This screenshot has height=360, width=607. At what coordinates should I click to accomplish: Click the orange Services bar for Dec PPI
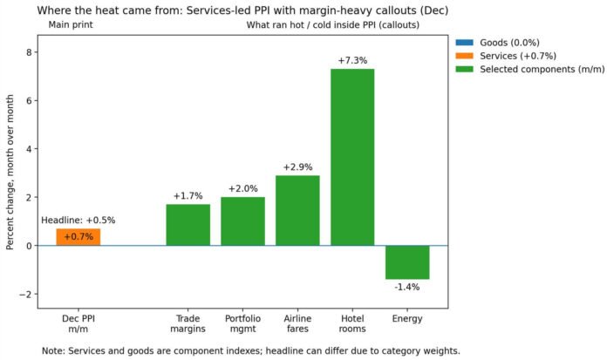click(78, 237)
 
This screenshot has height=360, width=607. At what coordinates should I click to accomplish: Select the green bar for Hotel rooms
click(352, 157)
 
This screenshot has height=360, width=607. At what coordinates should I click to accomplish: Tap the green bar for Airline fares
click(297, 210)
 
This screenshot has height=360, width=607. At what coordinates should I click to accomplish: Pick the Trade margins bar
click(188, 225)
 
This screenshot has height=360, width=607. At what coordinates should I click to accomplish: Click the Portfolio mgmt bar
click(242, 221)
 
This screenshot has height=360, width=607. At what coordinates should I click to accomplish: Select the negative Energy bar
click(407, 262)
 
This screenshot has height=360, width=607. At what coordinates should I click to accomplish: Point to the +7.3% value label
click(352, 61)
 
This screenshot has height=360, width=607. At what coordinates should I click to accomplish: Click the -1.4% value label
click(407, 287)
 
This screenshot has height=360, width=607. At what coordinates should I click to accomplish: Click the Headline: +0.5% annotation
click(78, 221)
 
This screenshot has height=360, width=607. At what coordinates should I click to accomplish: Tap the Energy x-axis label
click(407, 319)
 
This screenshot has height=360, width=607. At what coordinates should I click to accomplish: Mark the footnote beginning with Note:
click(250, 350)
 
